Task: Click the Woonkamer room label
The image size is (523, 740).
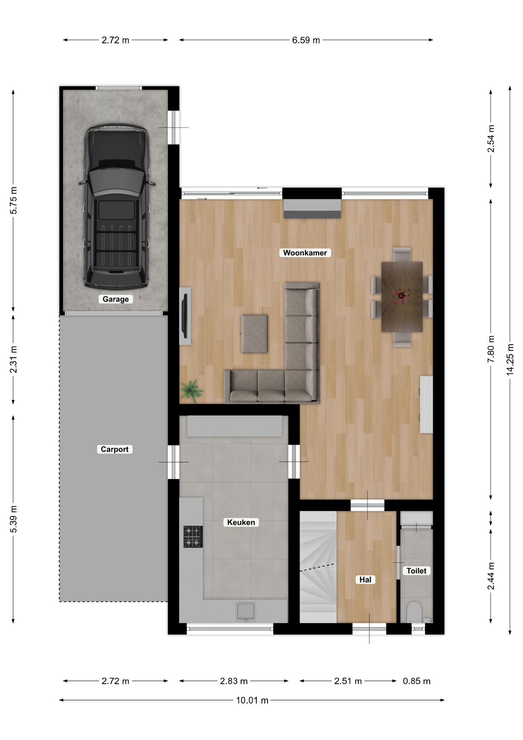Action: coord(305,253)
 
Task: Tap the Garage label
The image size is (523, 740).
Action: coord(116,299)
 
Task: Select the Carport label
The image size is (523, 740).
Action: coord(114,449)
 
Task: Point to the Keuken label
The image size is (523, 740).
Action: coord(241,522)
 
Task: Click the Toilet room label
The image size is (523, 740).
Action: coord(416,571)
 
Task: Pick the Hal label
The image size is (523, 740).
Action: coord(365,580)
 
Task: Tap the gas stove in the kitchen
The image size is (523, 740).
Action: coord(193,536)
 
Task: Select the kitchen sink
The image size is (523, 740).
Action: coord(246,612)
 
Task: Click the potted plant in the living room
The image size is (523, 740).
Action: coord(192,390)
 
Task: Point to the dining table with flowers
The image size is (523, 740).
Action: coord(402,297)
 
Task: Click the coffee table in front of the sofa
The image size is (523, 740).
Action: coord(255,334)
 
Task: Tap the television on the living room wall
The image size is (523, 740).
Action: coord(185,316)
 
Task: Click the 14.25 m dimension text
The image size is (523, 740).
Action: coord(510,359)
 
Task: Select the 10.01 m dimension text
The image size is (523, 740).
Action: coord(252,700)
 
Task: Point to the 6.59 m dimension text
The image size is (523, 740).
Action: coord(306,40)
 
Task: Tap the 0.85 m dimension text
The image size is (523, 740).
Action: coord(416,681)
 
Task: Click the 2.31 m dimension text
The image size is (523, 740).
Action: coord(13,359)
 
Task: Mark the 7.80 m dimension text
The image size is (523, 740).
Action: coord(491,349)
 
